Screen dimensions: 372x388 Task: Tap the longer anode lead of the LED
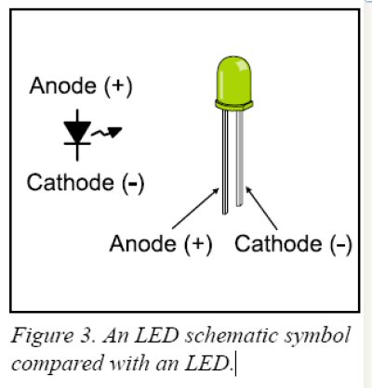tap(225, 162)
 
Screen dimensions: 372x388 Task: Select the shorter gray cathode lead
tap(240, 158)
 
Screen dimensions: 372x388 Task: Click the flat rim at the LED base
tap(234, 105)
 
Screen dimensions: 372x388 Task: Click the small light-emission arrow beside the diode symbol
tap(106, 133)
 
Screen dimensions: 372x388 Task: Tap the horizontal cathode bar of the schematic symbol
tap(77, 143)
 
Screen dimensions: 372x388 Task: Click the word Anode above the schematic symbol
tap(63, 85)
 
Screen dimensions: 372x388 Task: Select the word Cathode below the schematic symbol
tap(71, 182)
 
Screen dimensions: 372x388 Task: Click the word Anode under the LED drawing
tap(143, 243)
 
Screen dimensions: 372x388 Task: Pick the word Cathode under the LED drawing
tap(278, 243)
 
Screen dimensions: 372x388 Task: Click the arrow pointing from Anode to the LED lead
tap(195, 209)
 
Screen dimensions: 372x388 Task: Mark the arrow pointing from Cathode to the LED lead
tap(261, 208)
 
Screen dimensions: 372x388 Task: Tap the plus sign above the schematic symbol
tap(118, 86)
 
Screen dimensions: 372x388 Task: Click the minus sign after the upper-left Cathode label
tap(132, 183)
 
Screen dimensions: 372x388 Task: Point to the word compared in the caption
tap(58, 364)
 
